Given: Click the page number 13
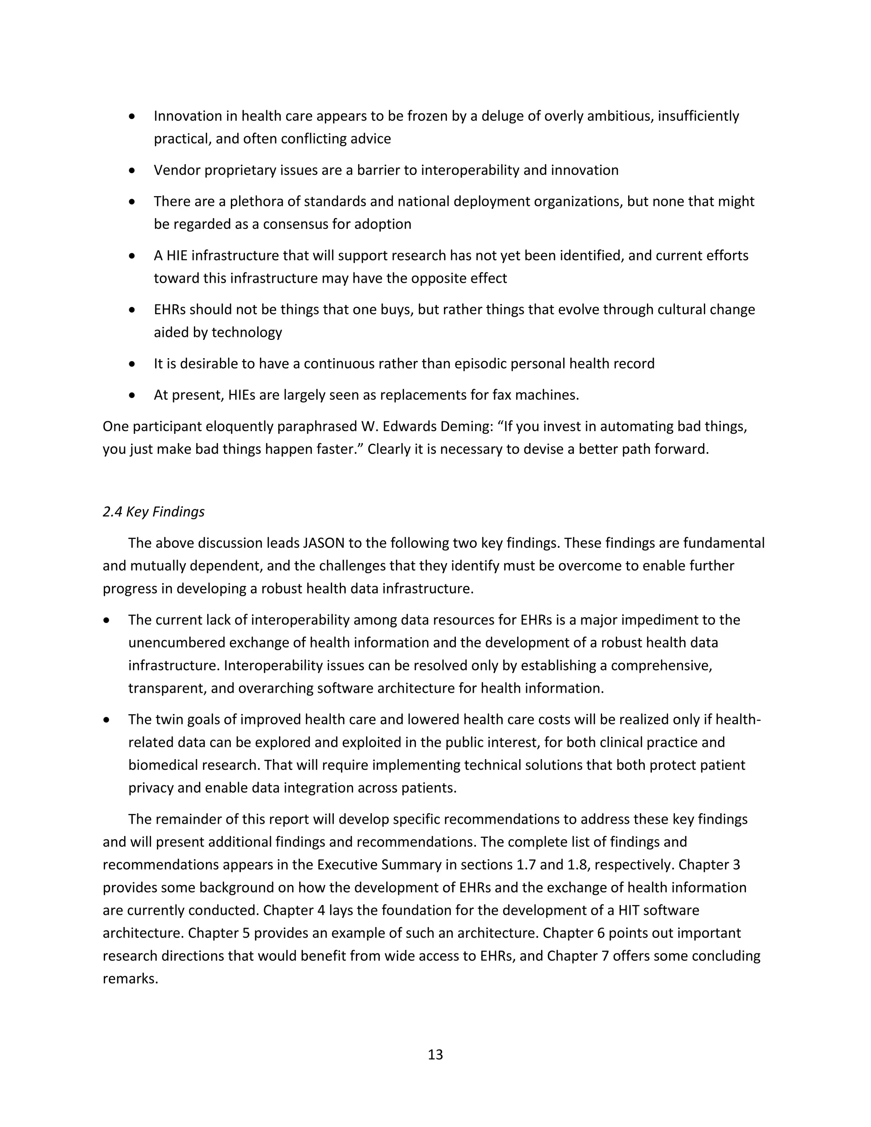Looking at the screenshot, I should (435, 1054).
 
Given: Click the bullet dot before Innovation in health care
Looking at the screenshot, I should (133, 117).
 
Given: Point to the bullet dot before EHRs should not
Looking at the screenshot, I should (133, 310).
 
